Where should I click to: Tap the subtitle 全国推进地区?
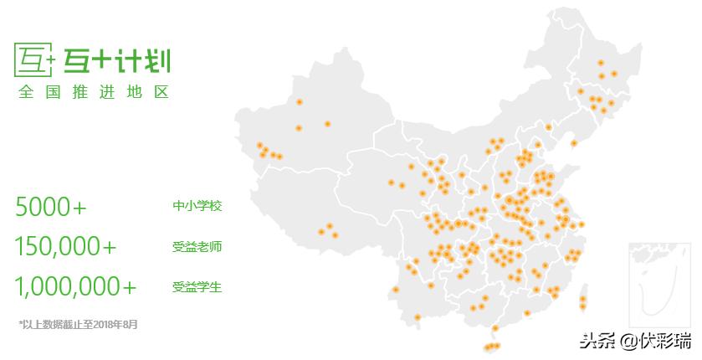point(94,91)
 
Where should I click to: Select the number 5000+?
point(51,206)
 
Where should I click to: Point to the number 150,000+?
point(65,246)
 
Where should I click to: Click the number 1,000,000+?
point(75,286)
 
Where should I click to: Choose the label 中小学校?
point(197,206)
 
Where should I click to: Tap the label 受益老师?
point(197,246)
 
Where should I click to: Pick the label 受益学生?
point(197,287)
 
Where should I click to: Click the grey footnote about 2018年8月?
point(79,323)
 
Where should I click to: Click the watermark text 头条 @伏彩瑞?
point(636,340)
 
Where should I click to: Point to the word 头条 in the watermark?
point(595,340)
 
